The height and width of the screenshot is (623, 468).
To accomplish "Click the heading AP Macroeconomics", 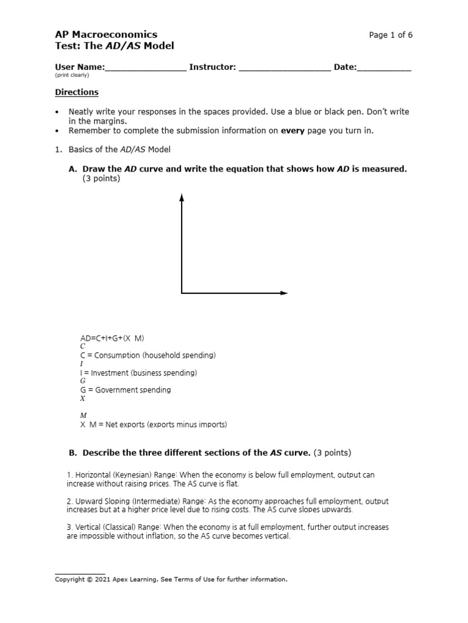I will click(x=106, y=35).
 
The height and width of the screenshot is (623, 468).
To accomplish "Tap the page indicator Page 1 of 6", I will click(x=391, y=35).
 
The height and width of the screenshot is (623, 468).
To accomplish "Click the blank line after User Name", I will click(x=146, y=68).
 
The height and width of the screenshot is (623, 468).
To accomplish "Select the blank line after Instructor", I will click(x=285, y=68).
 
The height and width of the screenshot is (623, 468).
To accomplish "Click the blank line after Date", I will click(x=384, y=68).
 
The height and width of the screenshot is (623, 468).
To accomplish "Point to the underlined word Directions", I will click(x=77, y=92).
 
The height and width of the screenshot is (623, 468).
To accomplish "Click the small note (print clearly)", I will click(x=72, y=75).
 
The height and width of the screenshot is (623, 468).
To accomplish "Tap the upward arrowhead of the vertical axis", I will click(x=182, y=197).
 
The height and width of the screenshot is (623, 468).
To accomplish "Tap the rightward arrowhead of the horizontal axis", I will click(x=283, y=293).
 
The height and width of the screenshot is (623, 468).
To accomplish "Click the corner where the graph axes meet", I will click(x=182, y=293).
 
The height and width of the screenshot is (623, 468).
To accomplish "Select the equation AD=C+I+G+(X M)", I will click(x=112, y=338).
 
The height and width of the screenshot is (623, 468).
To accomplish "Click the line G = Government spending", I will click(x=126, y=389).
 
